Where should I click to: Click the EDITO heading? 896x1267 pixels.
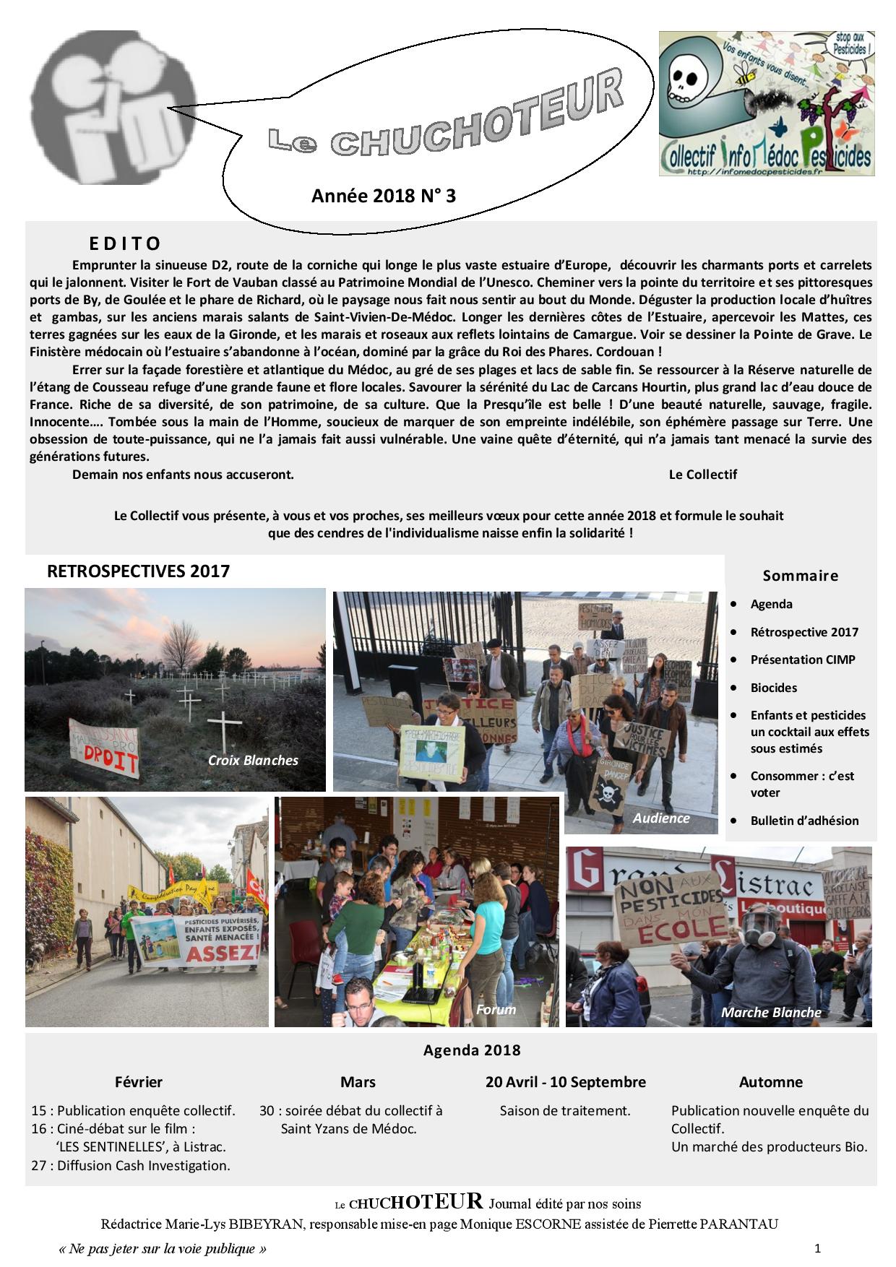point(125,243)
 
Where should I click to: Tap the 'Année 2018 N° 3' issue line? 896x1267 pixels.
point(383,196)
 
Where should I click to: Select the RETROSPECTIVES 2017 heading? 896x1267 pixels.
point(138,571)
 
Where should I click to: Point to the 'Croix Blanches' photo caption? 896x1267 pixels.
point(253,760)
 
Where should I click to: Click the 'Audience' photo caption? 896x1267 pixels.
point(660,818)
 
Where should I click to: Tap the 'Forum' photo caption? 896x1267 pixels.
point(496,1009)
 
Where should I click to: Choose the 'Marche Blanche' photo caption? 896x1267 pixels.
point(771,1012)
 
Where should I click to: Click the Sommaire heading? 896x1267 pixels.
point(800,576)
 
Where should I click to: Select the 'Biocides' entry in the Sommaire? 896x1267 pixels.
point(773,688)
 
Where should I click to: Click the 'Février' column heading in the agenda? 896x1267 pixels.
point(139,1082)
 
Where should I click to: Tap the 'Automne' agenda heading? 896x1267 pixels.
point(770,1082)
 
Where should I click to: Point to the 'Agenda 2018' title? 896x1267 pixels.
point(471,1050)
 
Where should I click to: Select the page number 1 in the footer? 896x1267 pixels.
point(817,1247)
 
